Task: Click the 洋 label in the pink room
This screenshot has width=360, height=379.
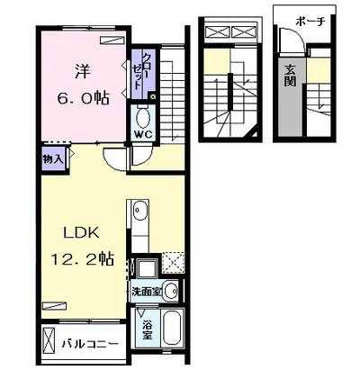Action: click(x=83, y=72)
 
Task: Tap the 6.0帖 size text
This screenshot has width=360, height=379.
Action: click(x=83, y=98)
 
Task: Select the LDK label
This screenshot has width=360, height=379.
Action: click(x=81, y=232)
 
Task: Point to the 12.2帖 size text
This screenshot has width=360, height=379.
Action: click(x=82, y=259)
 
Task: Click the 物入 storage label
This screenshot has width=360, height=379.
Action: click(x=53, y=159)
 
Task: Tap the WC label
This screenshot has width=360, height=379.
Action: click(x=143, y=135)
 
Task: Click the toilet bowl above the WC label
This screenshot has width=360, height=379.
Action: click(x=143, y=118)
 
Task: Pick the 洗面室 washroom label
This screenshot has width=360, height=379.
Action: click(x=147, y=292)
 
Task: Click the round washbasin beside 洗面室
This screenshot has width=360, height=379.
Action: click(x=171, y=291)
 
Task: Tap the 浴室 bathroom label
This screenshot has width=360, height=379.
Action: click(x=147, y=330)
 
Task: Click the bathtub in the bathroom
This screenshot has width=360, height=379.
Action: click(x=172, y=328)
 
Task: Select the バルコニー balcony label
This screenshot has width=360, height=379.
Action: click(x=90, y=344)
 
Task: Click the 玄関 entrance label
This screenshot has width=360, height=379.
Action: click(x=290, y=76)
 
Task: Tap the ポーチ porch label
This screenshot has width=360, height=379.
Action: click(x=310, y=22)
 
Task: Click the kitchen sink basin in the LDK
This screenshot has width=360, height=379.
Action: click(x=140, y=209)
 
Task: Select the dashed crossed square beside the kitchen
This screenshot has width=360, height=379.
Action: click(x=174, y=262)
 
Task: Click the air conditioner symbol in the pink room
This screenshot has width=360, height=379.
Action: click(x=112, y=41)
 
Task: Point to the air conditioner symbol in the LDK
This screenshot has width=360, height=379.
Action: click(x=54, y=306)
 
